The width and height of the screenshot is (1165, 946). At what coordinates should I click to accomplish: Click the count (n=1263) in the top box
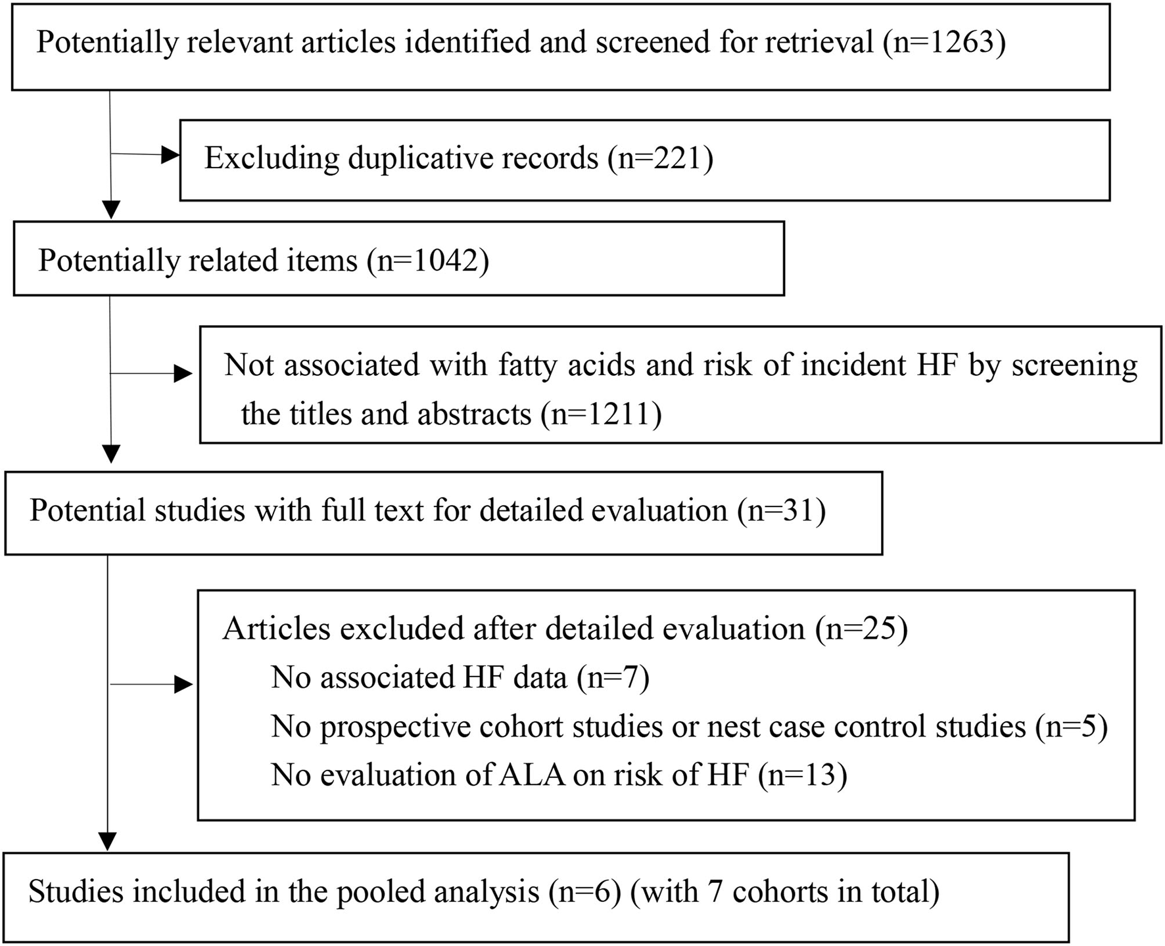coord(945,43)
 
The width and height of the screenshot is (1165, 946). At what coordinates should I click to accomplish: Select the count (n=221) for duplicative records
coord(661,158)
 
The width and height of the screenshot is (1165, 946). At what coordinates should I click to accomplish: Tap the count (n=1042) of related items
coord(428,261)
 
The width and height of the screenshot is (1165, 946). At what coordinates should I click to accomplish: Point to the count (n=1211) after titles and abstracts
coord(601,415)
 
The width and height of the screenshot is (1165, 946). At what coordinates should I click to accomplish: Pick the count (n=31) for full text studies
coord(782,511)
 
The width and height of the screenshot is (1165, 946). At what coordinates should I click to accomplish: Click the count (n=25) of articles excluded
coord(861,629)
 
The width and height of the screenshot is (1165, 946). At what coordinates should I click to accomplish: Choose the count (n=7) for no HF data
coord(613,677)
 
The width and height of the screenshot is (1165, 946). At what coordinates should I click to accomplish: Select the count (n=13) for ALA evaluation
coord(802,775)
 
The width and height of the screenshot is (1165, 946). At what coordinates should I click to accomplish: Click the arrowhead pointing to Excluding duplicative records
coord(171,156)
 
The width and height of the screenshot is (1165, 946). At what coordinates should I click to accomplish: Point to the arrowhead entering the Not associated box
coord(183,374)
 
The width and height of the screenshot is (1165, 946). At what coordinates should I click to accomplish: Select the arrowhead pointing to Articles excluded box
coord(183,685)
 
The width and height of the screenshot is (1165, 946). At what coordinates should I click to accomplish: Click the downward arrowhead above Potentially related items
coord(112,210)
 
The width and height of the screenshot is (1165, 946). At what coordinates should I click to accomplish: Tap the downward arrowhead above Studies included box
coord(107,842)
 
